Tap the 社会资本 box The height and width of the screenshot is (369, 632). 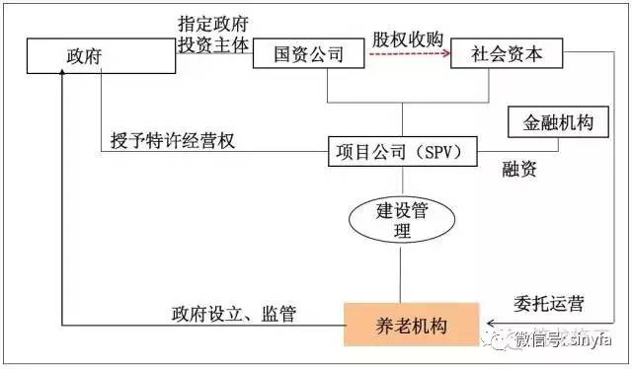tap(506, 54)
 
